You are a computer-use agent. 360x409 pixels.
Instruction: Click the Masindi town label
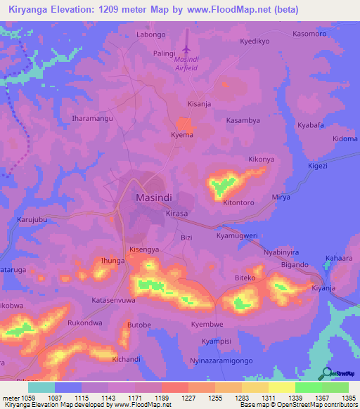[153, 198]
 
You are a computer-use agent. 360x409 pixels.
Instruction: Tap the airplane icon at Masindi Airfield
[186, 48]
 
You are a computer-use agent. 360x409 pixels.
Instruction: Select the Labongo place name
[150, 34]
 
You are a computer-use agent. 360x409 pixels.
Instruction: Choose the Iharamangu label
[93, 119]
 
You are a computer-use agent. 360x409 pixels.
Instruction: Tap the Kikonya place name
[262, 160]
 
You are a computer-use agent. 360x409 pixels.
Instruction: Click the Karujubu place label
[32, 220]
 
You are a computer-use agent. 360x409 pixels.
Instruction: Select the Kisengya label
[145, 249]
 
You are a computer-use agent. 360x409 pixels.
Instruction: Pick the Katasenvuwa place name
[112, 300]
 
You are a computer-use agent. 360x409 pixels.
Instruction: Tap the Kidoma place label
[345, 138]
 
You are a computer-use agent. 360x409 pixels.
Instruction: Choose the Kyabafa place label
[310, 124]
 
